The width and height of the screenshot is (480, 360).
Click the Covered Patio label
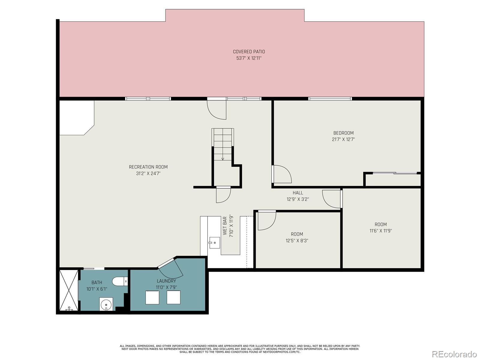pos(249,52)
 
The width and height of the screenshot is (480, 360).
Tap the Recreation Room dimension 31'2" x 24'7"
pos(148,173)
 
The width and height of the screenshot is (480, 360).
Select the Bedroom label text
pos(343,133)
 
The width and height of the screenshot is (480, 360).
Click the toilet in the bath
pos(119,281)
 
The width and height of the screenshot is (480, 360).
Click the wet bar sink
pos(214,242)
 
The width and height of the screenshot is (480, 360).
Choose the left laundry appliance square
pos(152,297)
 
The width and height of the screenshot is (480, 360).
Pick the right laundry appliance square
pos(173,297)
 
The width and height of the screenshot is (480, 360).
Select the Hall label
pos(298,193)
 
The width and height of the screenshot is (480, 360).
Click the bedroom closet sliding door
pos(394,173)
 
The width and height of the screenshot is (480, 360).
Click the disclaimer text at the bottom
pos(240,349)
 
